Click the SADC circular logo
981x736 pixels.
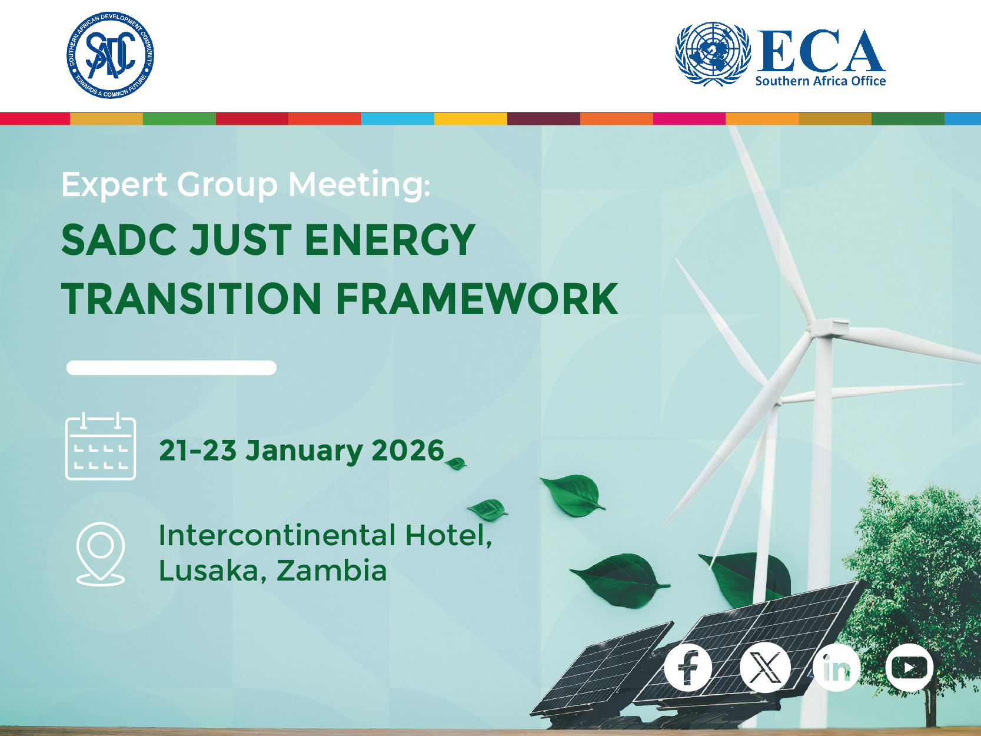110,55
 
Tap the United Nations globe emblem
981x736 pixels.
713,54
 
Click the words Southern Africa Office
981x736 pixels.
820,81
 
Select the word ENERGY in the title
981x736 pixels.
390,240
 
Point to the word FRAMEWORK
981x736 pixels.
477,299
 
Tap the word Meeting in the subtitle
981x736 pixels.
358,185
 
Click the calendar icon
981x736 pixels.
101,447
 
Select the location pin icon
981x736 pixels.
101,553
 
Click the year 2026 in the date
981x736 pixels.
407,451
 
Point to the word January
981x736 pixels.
304,451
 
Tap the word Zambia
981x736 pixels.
331,571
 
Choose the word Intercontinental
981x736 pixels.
277,535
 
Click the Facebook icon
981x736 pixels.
687,668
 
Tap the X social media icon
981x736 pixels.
764,668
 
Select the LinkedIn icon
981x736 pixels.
836,668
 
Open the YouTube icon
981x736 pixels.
909,668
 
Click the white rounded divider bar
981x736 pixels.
171,367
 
